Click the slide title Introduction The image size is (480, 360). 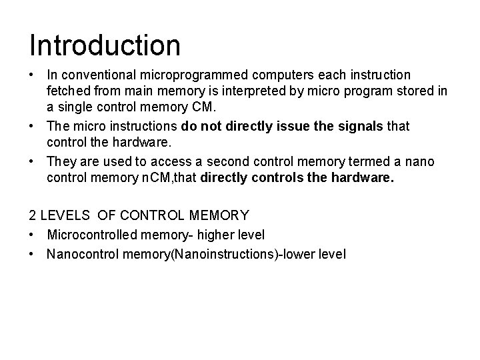105,45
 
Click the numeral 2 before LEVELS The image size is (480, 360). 33,216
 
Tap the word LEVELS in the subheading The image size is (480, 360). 66,216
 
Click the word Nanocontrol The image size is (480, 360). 80,254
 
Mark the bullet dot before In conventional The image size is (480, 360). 33,75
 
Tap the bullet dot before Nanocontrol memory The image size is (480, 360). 33,254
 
